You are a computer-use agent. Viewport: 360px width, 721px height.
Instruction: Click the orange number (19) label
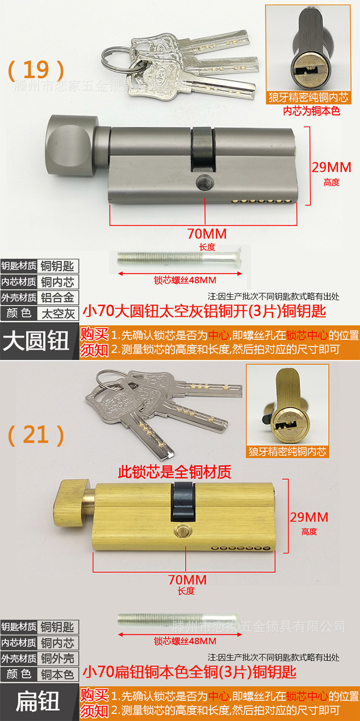coord(36,70)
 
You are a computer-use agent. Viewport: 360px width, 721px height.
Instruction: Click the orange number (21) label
coord(36,435)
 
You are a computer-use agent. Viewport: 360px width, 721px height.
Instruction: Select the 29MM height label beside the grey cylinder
coord(331,168)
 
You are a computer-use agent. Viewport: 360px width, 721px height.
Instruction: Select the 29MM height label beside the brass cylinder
coord(309,517)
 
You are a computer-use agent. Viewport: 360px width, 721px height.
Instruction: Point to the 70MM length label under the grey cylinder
coord(206,234)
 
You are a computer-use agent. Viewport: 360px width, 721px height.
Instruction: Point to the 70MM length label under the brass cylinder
coord(187,579)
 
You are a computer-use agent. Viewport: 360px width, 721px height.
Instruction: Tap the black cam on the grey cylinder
coord(202,149)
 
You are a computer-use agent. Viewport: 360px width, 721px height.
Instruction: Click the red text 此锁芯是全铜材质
coord(175,472)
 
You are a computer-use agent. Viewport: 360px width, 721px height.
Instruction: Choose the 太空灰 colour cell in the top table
coord(58,313)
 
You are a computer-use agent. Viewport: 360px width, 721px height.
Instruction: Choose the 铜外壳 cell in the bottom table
coord(58,658)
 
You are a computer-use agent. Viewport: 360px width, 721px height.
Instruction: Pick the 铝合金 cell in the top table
coord(58,298)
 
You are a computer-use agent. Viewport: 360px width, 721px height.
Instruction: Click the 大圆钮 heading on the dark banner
coord(36,342)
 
